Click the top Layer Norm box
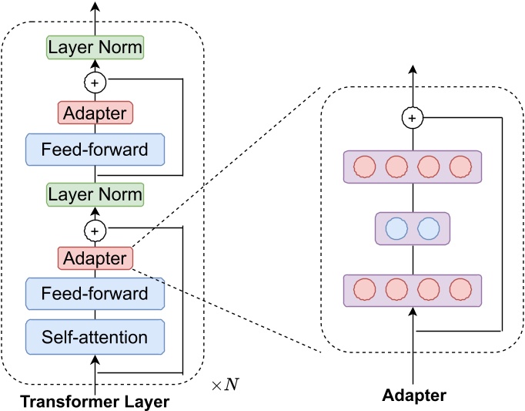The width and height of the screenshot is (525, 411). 95,47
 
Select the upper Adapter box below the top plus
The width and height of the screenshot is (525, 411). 95,113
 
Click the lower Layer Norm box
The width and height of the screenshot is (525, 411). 95,194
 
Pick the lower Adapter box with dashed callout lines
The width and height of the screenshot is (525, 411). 95,258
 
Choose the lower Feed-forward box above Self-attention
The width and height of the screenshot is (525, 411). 95,293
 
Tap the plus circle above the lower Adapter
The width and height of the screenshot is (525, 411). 95,229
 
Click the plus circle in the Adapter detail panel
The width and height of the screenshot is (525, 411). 413,118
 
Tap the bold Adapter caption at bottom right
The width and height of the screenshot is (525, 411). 413,396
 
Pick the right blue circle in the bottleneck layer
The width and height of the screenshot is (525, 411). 428,229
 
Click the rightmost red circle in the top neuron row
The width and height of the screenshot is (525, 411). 460,167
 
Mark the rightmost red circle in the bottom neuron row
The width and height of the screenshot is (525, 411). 460,291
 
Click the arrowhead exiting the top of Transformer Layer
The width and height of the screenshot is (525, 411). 95,7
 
